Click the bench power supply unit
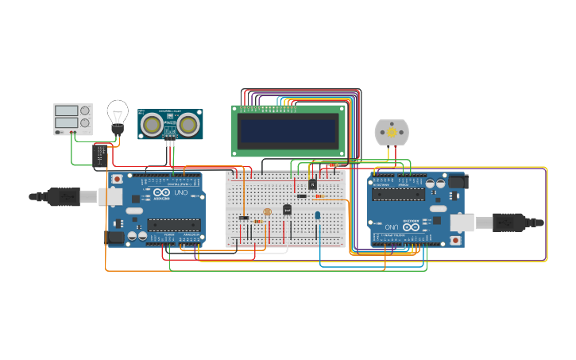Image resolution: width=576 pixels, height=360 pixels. (x=72, y=119)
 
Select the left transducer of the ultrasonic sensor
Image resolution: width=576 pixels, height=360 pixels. (x=152, y=124)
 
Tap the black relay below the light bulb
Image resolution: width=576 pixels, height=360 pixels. (x=101, y=153)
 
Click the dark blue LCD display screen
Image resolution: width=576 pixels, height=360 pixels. (x=289, y=130)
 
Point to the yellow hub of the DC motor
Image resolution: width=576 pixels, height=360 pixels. (x=391, y=133)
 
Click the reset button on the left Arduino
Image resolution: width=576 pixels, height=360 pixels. (x=118, y=180)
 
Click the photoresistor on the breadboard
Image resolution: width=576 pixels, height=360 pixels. (x=267, y=211)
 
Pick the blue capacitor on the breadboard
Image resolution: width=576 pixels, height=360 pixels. (x=318, y=215)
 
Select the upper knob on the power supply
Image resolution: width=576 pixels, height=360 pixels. (x=84, y=110)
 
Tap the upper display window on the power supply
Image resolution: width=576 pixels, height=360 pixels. (x=66, y=110)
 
